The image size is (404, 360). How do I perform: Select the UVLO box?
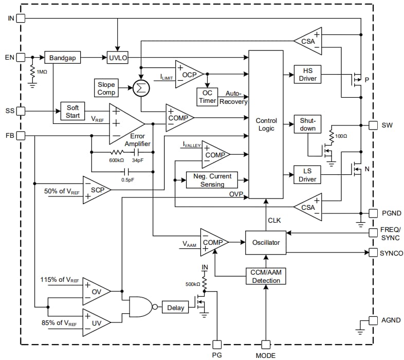point(118,58)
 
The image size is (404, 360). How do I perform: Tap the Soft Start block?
point(73,112)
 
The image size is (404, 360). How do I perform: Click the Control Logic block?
point(266,124)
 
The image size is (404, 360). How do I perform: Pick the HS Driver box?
point(307,74)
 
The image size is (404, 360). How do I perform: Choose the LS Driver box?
point(307,174)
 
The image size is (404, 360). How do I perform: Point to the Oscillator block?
point(266,242)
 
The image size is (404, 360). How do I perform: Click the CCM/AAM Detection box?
point(266,276)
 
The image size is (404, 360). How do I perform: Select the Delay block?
point(175,308)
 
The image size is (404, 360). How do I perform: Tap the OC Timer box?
point(207,97)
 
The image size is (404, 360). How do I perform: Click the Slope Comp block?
point(106,88)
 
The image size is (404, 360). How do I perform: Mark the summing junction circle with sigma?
point(140,88)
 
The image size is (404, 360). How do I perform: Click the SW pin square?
point(373,125)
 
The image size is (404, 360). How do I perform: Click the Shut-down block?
point(307,124)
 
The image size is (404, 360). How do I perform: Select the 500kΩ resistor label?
point(193,284)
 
